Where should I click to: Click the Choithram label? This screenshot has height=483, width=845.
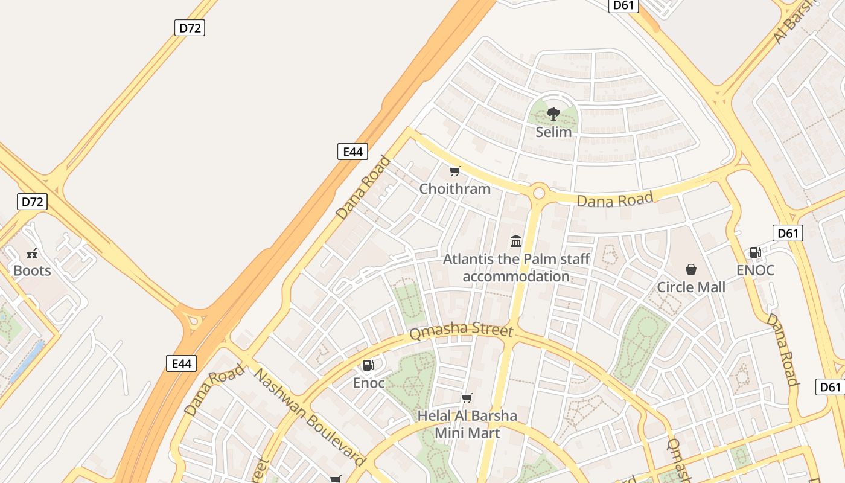(455, 189)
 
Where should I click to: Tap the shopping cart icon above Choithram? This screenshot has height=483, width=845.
(455, 171)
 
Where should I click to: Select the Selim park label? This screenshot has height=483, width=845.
(553, 132)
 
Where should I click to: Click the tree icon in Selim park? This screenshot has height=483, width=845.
(553, 114)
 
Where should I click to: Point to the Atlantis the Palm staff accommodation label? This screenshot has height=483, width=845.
(516, 267)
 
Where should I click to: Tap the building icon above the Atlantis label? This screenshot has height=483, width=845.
(516, 241)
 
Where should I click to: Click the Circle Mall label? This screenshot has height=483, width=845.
(691, 287)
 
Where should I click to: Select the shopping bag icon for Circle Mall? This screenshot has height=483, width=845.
(691, 269)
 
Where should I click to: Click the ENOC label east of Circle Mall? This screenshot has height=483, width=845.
(755, 270)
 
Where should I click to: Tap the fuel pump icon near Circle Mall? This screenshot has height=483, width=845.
(755, 252)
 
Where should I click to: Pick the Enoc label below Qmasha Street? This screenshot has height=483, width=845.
(369, 383)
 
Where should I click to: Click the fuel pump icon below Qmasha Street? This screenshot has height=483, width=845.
(368, 365)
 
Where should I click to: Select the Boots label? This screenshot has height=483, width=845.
(32, 270)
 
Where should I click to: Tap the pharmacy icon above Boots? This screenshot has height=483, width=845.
(33, 254)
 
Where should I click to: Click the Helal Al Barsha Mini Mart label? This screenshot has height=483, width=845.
(468, 424)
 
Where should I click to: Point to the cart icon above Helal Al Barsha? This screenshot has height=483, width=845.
(467, 398)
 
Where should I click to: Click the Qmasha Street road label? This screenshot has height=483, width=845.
(461, 332)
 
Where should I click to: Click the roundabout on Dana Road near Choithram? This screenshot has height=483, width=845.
(538, 193)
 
